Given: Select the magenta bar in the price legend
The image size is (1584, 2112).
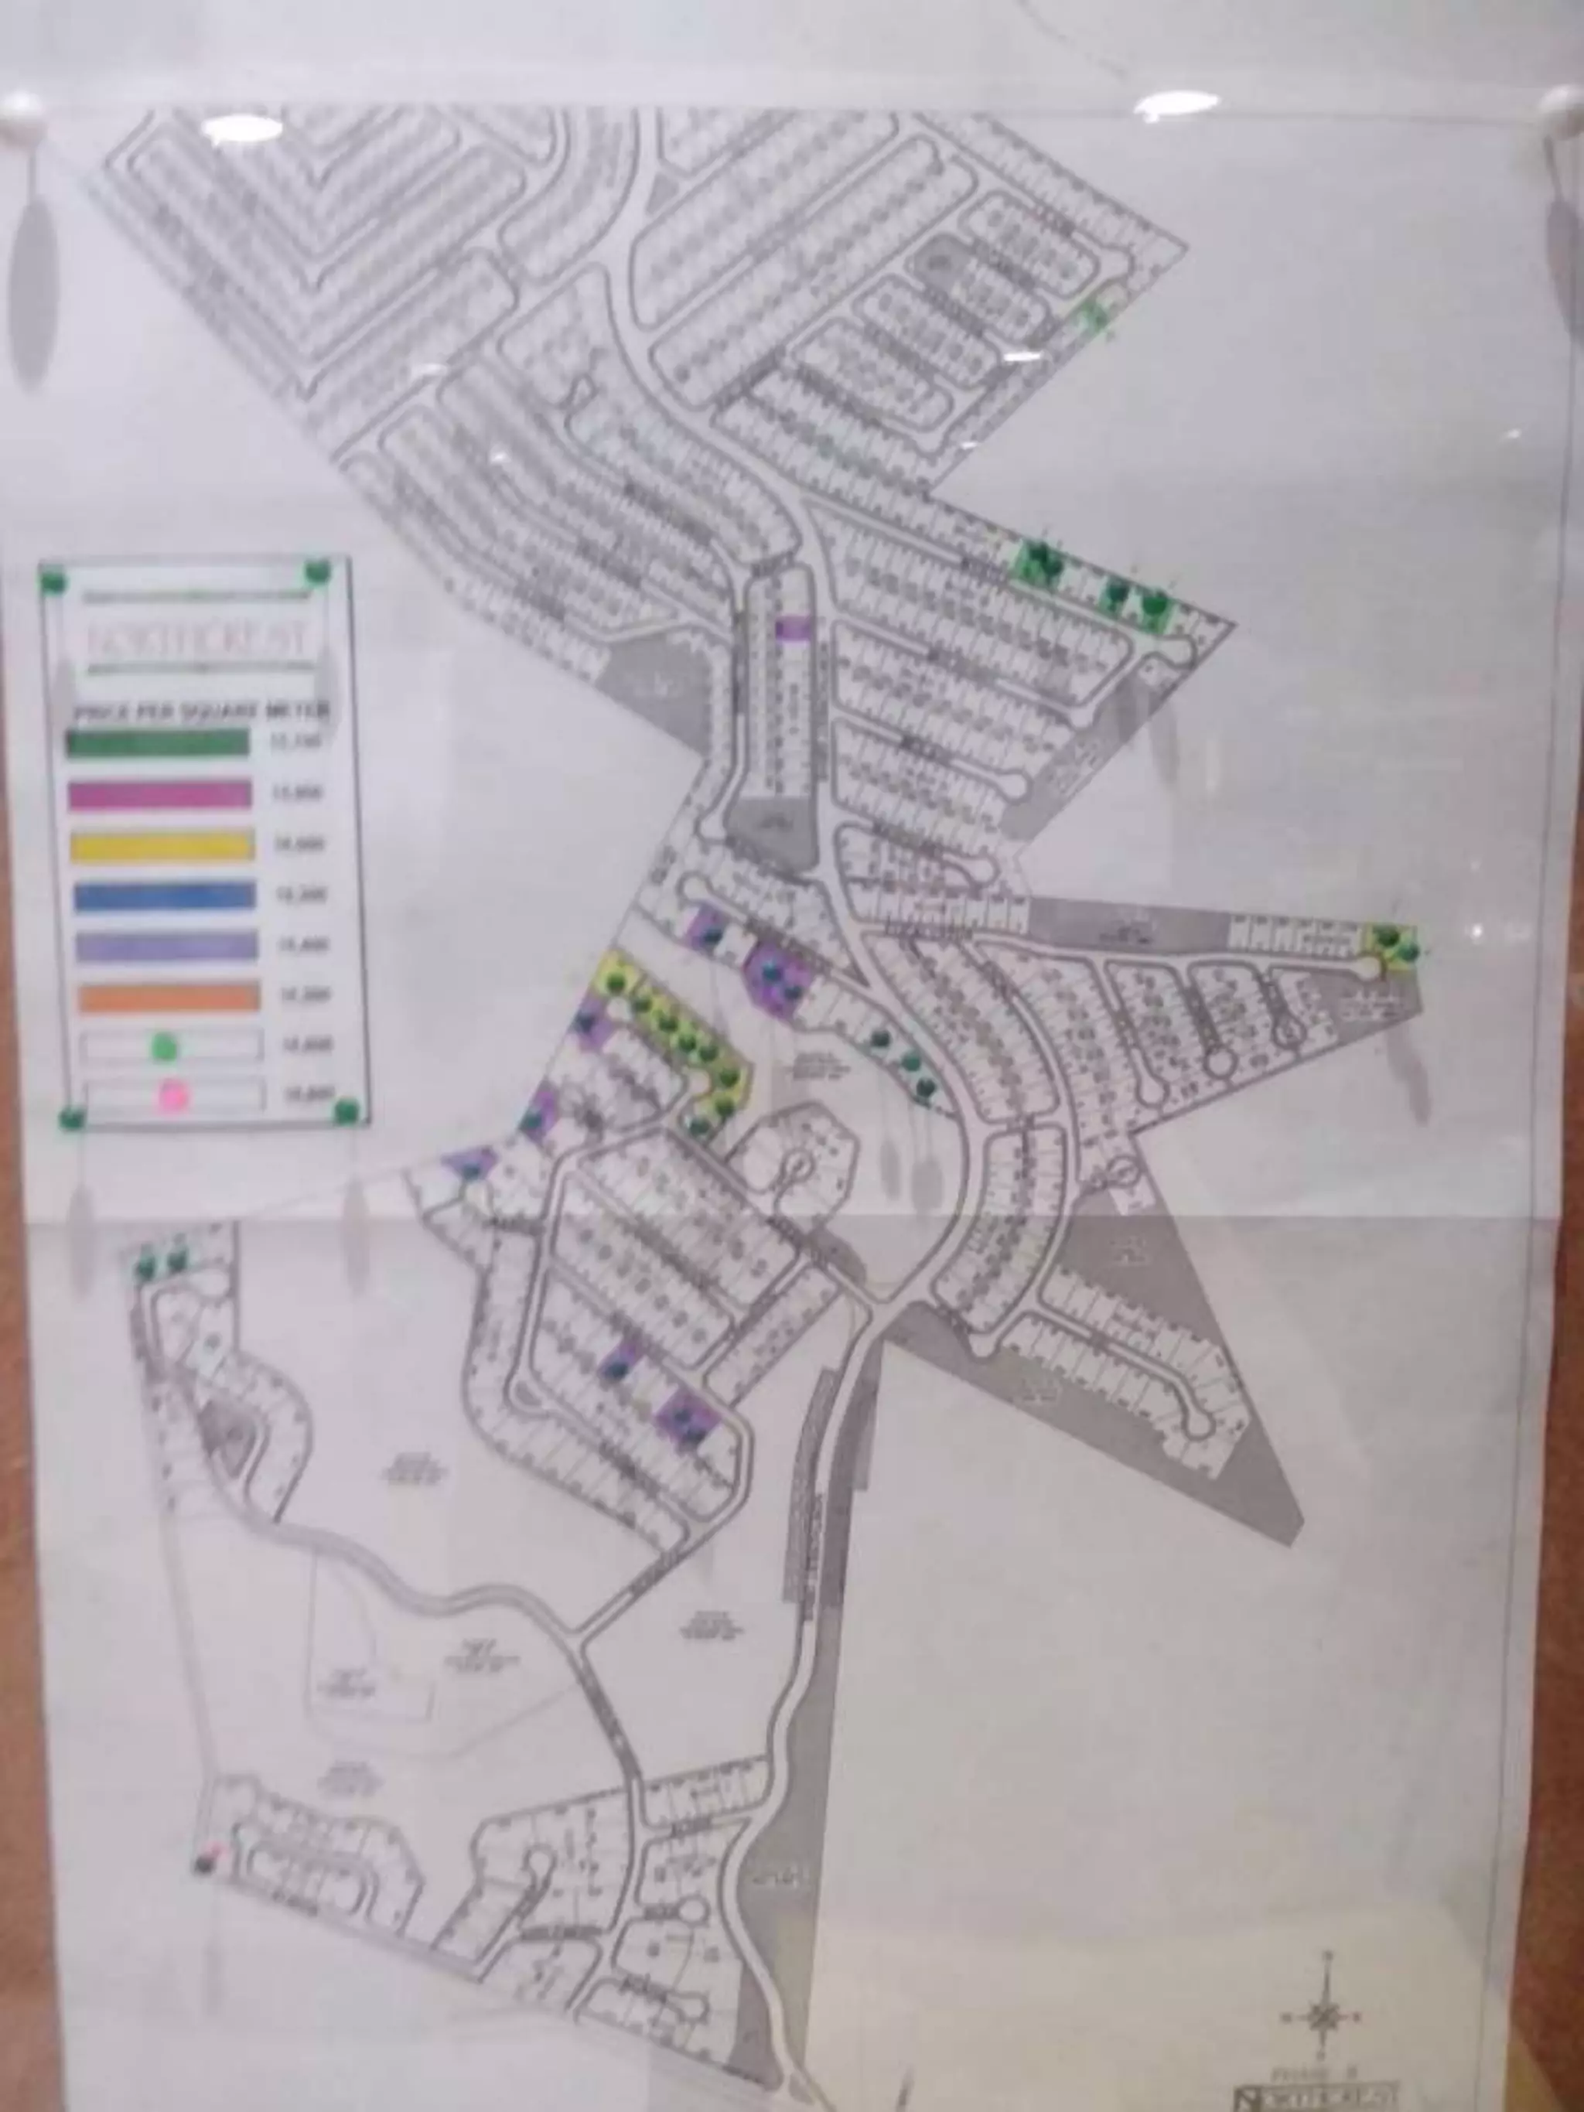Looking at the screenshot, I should pos(160,793).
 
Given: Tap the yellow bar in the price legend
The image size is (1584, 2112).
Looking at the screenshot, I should pos(162,845).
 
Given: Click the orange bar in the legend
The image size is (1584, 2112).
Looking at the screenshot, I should pos(169,996).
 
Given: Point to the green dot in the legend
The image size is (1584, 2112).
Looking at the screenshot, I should pos(166,1047).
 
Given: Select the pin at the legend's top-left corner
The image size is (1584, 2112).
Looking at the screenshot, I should pos(53,578).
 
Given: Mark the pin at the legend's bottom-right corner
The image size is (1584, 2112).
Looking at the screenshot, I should pos(346,1111).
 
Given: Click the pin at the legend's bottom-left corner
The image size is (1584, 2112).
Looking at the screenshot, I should pos(70,1117).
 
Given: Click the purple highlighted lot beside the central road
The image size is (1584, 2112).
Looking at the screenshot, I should pos(794,627).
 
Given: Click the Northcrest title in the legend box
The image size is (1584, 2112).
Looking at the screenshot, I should pos(198,640).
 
